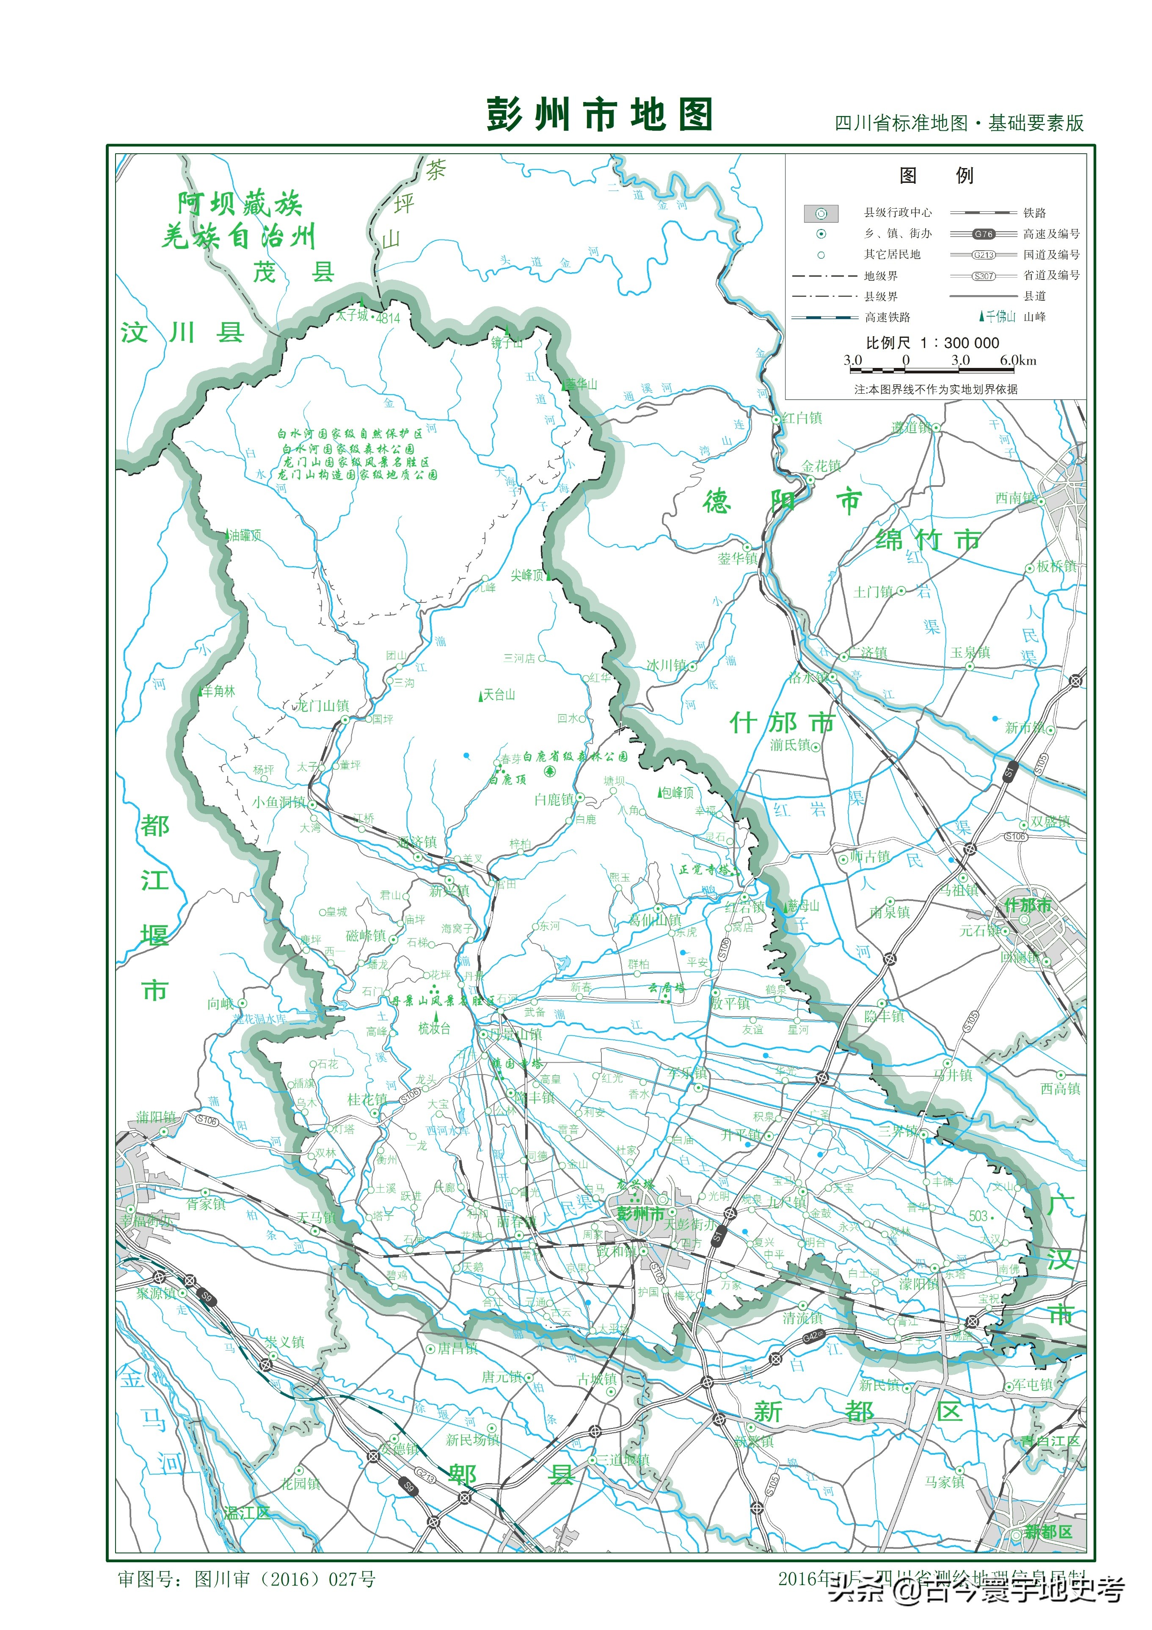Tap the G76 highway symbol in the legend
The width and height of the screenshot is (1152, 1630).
pos(983,234)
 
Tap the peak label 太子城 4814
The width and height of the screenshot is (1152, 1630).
pos(368,316)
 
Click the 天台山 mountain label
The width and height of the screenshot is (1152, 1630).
pos(498,694)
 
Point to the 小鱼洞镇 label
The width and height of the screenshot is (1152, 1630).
pos(279,802)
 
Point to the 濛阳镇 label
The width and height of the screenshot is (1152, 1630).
pos(918,1284)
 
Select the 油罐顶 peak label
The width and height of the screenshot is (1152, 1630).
pos(245,535)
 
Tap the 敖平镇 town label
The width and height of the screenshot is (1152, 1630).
pos(730,1003)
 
